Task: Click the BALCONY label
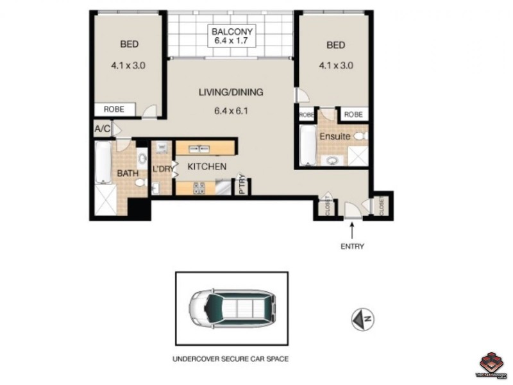pos(234,31)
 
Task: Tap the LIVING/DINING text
pos(230,92)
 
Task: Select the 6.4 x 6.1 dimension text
pos(230,110)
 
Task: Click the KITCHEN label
pos(206,167)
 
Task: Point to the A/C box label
pos(102,130)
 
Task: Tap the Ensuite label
pos(335,137)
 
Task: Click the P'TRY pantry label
pos(242,185)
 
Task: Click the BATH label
pos(127,173)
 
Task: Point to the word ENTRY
pos(351,246)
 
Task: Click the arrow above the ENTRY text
pos(351,230)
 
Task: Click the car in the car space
pos(231,310)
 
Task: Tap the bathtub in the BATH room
pos(103,162)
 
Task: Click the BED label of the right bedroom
pos(335,45)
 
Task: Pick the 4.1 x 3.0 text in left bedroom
pos(130,65)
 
